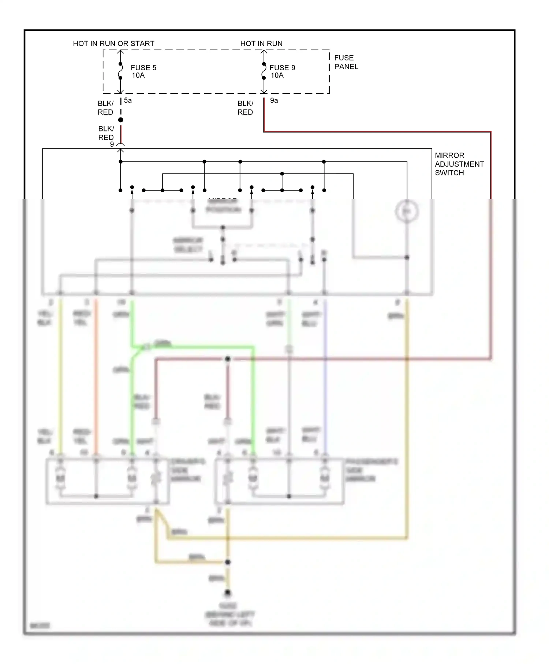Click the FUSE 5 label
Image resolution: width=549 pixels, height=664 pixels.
tap(143, 68)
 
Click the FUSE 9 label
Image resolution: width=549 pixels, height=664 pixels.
tap(282, 68)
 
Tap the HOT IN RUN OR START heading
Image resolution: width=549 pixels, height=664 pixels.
tap(113, 44)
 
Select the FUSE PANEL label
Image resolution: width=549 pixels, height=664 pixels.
tap(346, 62)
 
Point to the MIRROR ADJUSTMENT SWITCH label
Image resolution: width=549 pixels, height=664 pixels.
tap(459, 164)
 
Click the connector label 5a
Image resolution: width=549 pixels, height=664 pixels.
tap(128, 100)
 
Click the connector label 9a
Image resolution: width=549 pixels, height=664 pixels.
tap(274, 100)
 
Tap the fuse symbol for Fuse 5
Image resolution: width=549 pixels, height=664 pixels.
tap(120, 71)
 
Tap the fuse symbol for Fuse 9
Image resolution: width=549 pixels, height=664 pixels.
tap(264, 71)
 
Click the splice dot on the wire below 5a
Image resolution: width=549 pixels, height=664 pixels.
tap(121, 120)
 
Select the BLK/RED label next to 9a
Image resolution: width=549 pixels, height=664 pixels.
tap(245, 108)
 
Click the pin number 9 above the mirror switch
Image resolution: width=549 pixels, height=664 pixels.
tap(112, 144)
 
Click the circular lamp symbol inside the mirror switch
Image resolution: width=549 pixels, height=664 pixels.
tap(407, 212)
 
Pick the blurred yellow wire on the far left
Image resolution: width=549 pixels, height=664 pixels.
tap(61, 377)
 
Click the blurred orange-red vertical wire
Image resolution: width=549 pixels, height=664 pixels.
tap(96, 377)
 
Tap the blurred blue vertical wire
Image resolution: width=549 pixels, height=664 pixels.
tap(325, 377)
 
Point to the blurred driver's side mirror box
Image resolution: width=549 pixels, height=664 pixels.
tap(107, 481)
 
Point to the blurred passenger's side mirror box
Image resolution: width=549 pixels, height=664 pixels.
tap(279, 481)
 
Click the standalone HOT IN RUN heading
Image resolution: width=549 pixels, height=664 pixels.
tap(261, 44)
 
